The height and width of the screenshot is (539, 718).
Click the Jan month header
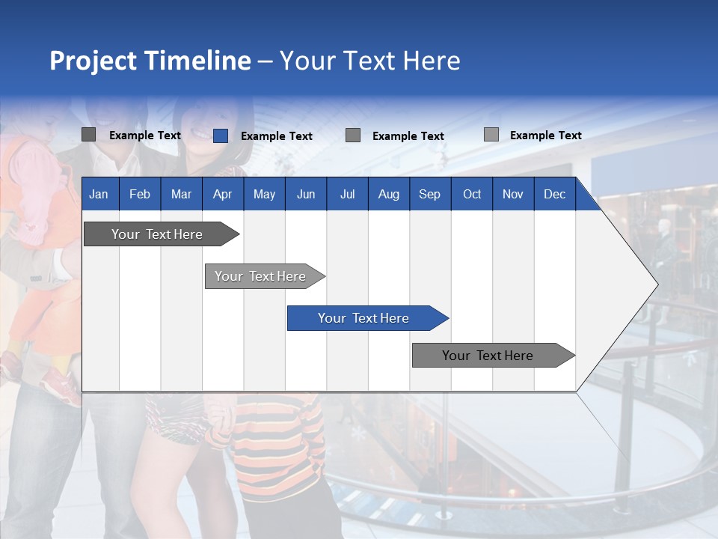(99, 194)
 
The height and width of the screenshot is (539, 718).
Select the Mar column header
(181, 194)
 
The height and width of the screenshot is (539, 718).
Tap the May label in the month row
(264, 194)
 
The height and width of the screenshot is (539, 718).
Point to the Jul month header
(347, 194)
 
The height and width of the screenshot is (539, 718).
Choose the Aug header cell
(388, 194)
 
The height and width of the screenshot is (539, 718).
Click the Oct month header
(472, 194)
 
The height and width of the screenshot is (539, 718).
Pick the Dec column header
(554, 194)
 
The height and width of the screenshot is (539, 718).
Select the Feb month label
(140, 194)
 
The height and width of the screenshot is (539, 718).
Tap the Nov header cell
(513, 194)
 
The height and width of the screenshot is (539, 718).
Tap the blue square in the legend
(221, 135)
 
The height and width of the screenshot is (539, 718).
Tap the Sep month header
(429, 194)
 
